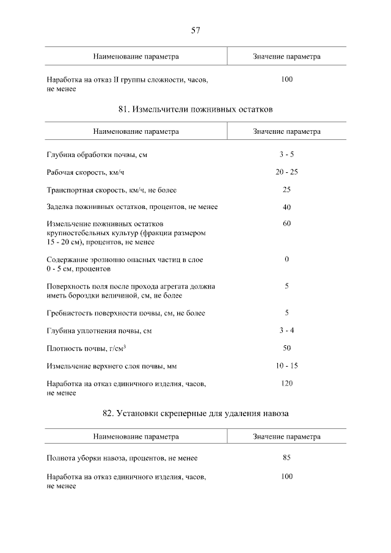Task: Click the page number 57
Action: point(195,30)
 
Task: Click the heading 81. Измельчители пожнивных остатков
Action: point(195,109)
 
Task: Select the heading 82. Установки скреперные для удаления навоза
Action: point(195,414)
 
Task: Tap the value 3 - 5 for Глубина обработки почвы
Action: point(287,155)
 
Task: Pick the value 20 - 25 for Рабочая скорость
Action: point(287,172)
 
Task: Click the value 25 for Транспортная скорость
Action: point(287,189)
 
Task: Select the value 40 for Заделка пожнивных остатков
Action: point(287,207)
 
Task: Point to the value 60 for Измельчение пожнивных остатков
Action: point(287,224)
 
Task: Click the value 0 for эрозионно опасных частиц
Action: point(287,260)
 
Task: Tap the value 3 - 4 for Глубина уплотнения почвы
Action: point(287,331)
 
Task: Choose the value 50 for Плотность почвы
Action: point(287,348)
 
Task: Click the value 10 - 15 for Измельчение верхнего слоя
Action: point(287,366)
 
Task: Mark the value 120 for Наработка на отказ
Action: point(287,383)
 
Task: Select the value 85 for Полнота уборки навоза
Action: point(287,458)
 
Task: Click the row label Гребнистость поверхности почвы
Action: point(126,313)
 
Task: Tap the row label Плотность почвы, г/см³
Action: point(86,349)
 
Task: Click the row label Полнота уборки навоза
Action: point(122,458)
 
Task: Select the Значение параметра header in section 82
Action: point(287,437)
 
